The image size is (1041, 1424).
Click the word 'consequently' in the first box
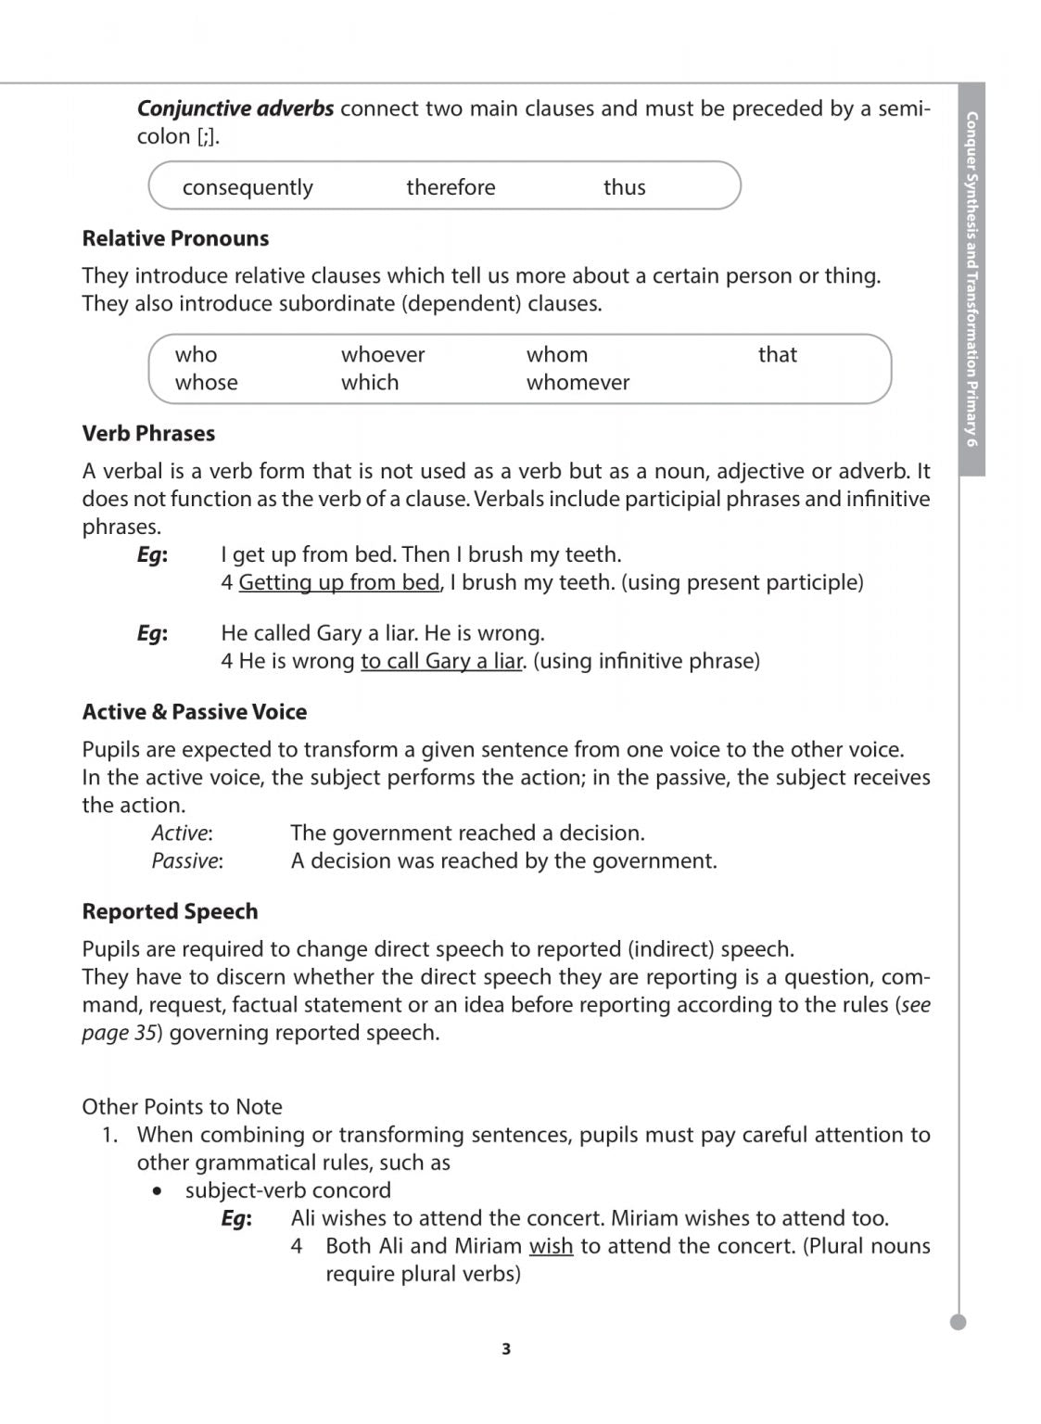pos(248,187)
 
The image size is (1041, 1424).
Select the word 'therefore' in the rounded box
pos(451,187)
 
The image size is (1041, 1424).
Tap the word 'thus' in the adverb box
pos(624,187)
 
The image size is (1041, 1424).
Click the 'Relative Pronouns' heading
pos(175,238)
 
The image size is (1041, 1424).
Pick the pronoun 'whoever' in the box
pos(383,354)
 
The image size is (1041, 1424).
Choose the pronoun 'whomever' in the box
pos(578,382)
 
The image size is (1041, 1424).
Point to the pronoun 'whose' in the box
pos(206,382)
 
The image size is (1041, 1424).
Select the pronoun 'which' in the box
pos(370,382)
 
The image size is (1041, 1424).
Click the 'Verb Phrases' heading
pos(148,433)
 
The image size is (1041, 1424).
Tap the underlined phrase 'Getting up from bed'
pos(338,582)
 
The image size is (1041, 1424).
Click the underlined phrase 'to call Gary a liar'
pos(441,661)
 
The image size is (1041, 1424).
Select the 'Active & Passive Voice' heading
pos(195,712)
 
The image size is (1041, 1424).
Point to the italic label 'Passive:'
pos(187,860)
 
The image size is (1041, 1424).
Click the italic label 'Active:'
pos(182,833)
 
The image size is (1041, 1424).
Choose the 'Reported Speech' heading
pos(170,911)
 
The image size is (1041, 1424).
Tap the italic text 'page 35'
pos(119,1033)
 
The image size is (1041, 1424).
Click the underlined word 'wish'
pos(551,1246)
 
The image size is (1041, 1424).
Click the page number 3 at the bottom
pos(506,1349)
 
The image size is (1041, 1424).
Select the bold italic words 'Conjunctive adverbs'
pos(235,108)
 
